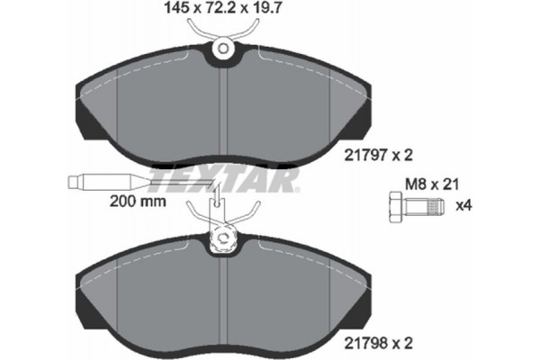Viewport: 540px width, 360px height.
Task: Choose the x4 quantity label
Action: (x=467, y=206)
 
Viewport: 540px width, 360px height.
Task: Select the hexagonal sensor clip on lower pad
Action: (x=220, y=238)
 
